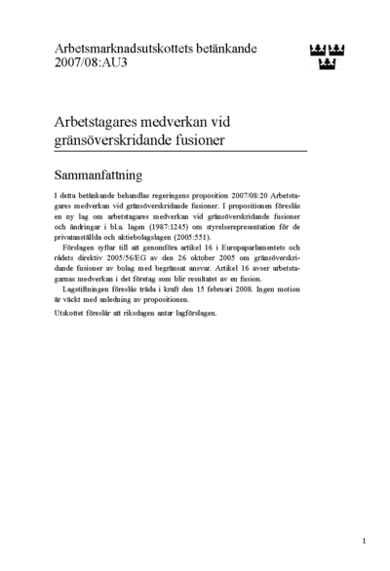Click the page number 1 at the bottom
coord(363,540)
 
